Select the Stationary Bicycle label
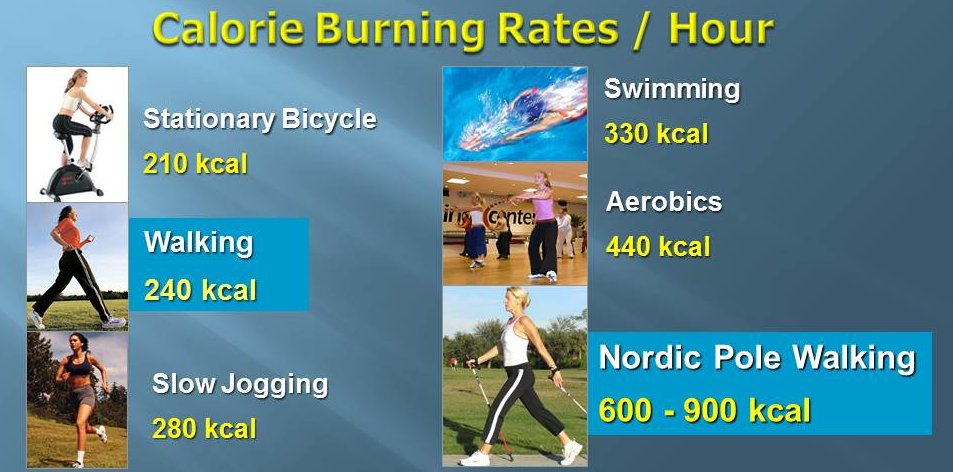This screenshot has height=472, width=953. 260,120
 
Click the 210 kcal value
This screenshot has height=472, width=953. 195,163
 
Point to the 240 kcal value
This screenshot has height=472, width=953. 200,291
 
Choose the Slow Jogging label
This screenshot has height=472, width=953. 240,384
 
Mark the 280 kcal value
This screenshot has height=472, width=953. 204,429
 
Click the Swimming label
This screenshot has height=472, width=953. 672,89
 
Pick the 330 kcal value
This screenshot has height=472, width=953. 656,134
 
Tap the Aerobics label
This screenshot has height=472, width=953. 664,202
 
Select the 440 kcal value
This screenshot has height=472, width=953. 658,246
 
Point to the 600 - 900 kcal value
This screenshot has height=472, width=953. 705,410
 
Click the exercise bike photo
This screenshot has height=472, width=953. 77,134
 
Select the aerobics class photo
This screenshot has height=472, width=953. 515,224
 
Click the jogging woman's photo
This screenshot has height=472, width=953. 78,400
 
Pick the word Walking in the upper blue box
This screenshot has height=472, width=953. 199,243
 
